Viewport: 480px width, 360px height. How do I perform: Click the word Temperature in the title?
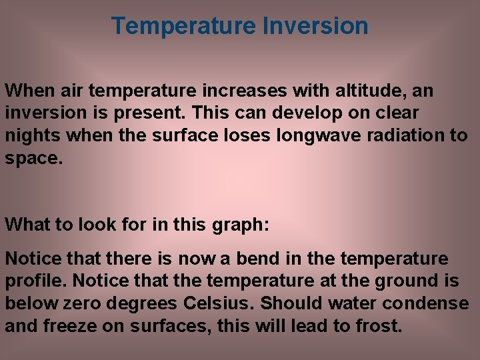(x=183, y=26)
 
